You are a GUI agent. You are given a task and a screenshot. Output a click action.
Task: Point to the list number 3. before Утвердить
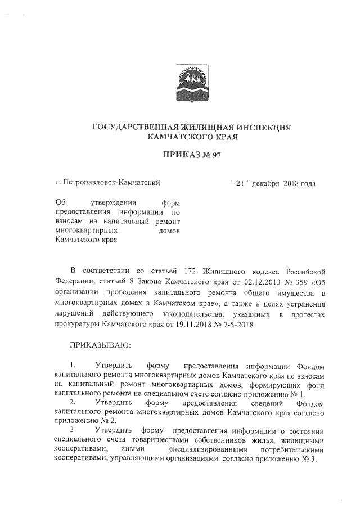point(73,430)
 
